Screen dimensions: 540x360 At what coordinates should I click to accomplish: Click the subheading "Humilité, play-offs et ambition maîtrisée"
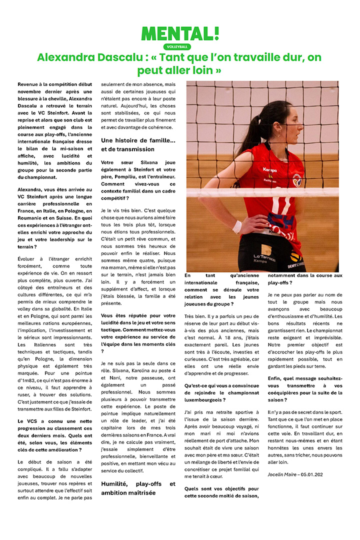coord(138,488)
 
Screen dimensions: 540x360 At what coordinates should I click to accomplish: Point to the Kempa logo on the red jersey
coord(270,169)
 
